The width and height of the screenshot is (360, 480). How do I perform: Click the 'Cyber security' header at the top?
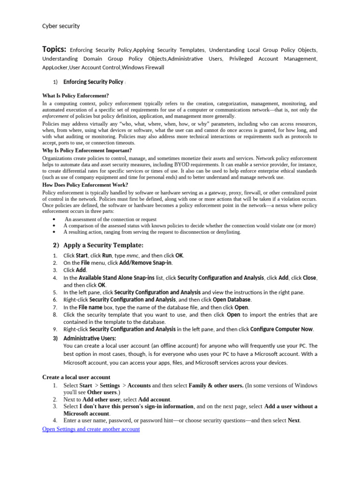tap(61, 26)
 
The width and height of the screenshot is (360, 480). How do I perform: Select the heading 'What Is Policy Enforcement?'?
tap(75, 96)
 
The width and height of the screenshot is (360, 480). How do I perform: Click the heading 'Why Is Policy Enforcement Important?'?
tap(87, 150)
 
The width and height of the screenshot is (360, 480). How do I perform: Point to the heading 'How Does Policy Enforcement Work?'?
tap(85, 185)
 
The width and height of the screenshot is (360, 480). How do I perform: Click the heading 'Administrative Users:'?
tap(90, 338)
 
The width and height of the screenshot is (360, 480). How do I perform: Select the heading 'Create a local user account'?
tap(76, 377)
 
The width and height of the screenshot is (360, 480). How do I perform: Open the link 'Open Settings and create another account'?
tap(91, 429)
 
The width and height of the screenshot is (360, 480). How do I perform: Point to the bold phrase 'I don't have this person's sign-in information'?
tap(136, 406)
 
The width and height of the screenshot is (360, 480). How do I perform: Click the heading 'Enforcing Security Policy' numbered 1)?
tap(93, 82)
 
